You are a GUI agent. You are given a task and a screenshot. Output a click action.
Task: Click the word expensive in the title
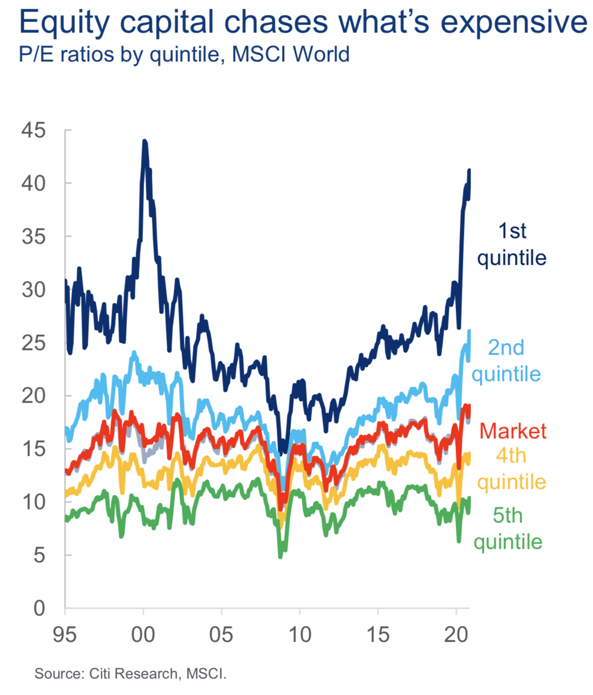513,23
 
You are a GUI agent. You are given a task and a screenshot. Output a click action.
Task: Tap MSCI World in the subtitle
291,54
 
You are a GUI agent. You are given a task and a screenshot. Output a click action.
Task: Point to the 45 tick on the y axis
34,130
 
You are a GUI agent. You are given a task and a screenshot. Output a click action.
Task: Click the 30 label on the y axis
34,290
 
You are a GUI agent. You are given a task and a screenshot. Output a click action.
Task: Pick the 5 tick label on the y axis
39,555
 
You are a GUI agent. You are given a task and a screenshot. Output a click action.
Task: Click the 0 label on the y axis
39,608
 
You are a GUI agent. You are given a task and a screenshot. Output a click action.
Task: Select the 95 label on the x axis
65,635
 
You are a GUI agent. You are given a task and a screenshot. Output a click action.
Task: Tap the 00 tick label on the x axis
143,635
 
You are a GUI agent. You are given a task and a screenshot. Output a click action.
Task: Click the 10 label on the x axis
300,635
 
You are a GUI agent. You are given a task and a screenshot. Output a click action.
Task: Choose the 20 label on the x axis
456,635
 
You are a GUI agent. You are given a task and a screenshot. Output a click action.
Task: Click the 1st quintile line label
511,244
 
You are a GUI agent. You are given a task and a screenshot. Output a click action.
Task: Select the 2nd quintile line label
506,360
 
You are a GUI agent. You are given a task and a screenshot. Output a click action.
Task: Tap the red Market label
513,431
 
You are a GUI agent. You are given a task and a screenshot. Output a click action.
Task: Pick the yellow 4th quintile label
511,469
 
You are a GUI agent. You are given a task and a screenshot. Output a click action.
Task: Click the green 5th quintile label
508,528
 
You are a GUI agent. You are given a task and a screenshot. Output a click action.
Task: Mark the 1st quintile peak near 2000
145,141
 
